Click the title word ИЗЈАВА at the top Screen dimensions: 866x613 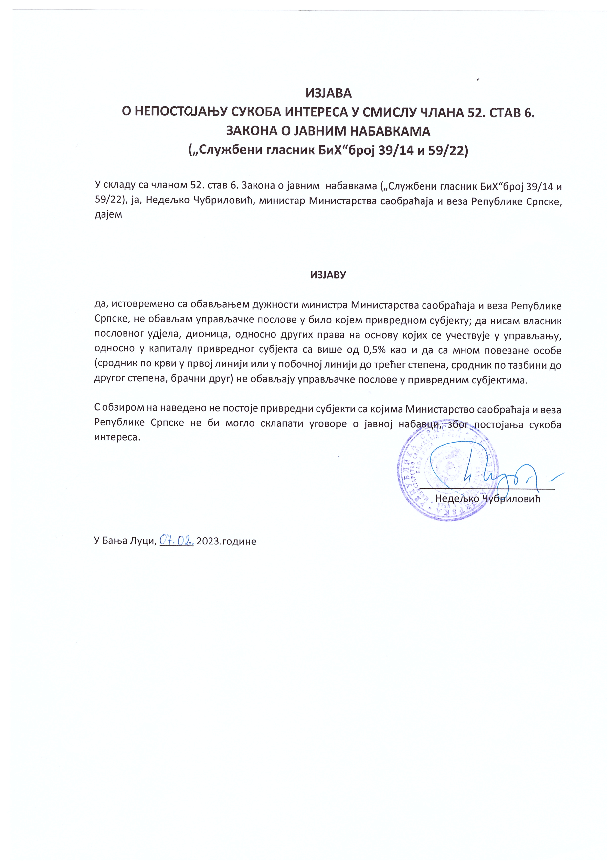coord(328,93)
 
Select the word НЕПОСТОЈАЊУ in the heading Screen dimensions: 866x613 coord(180,112)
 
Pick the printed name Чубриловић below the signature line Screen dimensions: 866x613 coord(511,499)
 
